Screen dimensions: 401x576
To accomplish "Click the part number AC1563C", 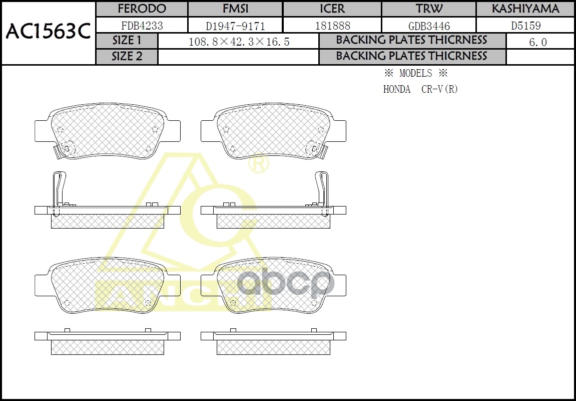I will (x=48, y=33).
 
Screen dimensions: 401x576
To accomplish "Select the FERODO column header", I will (x=141, y=9).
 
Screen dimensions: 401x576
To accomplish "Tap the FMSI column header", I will (x=235, y=9).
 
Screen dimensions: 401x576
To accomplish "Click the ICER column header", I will (x=332, y=9).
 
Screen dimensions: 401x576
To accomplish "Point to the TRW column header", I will (x=428, y=9).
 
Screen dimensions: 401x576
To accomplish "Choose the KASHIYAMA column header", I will (x=525, y=9).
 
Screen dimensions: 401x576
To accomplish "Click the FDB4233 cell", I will (x=142, y=26).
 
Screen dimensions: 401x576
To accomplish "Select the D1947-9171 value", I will (x=235, y=26).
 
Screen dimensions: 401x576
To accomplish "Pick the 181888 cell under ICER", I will (x=332, y=26).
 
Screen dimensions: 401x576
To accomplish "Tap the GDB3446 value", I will (x=428, y=26).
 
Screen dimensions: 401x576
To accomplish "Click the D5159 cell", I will (x=525, y=26).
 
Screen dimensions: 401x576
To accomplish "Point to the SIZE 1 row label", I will (x=127, y=41).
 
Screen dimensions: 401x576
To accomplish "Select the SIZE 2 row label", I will (x=127, y=57).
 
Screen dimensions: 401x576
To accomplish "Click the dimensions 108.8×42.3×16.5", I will (x=239, y=42).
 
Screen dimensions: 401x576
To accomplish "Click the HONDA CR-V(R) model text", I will (x=420, y=89).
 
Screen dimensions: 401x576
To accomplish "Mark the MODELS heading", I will (x=415, y=73).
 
